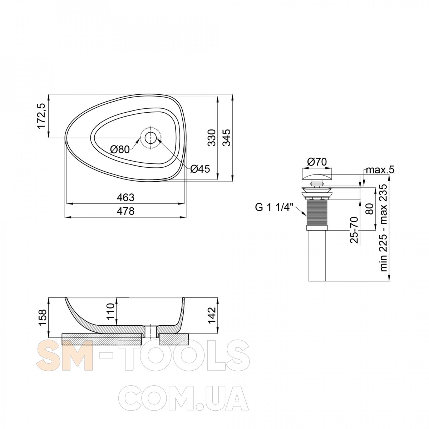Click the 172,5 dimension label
[42, 116]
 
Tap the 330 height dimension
[212, 137]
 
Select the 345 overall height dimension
[227, 137]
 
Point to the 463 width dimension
[126, 197]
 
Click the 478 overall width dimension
[126, 211]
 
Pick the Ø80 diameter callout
[120, 149]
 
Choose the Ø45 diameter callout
[200, 169]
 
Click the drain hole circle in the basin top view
[151, 138]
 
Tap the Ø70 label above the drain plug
[317, 162]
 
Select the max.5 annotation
[380, 170]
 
